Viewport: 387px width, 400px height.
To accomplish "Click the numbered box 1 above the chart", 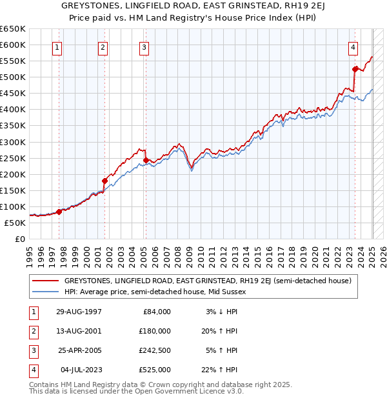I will pos(58,46).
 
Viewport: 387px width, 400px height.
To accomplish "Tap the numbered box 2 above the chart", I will pos(103,46).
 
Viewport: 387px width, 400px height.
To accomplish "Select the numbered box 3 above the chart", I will pos(144,46).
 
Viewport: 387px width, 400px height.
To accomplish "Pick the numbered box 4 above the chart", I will pos(353,46).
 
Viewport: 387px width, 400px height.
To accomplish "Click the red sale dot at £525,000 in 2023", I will pos(355,69).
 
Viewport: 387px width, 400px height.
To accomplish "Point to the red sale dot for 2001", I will pos(104,181).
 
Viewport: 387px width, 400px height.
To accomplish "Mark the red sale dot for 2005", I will pos(146,160).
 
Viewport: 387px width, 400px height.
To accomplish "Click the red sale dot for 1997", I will pos(59,212).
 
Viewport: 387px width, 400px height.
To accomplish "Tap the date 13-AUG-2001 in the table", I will pos(80,331).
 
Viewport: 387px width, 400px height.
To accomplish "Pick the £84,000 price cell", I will pos(155,312).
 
